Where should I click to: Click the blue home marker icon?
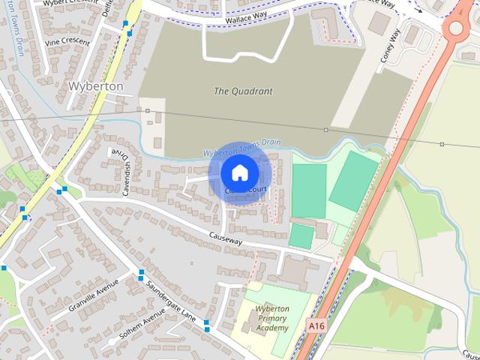(x=240, y=172)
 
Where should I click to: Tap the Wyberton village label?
(x=95, y=86)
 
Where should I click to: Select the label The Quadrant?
(x=243, y=91)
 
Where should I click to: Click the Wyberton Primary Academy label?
(x=271, y=319)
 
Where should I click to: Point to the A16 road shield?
(x=316, y=326)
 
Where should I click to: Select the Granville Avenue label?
(x=94, y=295)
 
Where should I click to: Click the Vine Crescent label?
(x=67, y=43)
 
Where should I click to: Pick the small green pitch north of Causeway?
(x=301, y=236)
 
